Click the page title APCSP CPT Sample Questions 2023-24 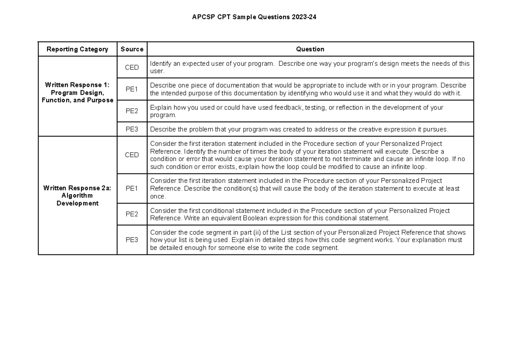254,17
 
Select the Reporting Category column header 77,49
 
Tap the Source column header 132,49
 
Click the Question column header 310,49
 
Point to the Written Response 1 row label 77,92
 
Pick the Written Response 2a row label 77,196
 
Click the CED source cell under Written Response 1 132,67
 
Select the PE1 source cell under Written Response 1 132,89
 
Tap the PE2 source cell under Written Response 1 132,111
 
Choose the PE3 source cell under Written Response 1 132,129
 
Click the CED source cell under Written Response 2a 132,155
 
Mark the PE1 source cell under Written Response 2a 132,188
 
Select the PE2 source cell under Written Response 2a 132,214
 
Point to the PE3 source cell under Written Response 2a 132,240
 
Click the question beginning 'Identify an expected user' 310,67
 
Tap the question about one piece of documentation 308,89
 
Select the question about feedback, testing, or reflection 296,111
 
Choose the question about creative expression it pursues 299,129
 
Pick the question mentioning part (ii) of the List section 308,240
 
